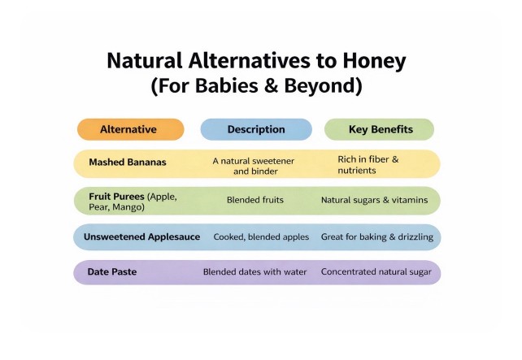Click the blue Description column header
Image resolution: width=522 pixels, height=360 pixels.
pyautogui.click(x=256, y=129)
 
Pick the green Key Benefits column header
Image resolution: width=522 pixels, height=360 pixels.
pyautogui.click(x=381, y=129)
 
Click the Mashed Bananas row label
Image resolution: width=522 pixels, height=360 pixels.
pyautogui.click(x=128, y=163)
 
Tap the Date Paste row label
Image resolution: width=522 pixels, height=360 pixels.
pyautogui.click(x=111, y=272)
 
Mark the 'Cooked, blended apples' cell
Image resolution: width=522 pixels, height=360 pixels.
pyautogui.click(x=261, y=237)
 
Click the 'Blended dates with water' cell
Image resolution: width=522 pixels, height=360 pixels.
pyautogui.click(x=255, y=272)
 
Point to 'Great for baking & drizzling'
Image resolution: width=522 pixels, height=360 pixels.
pyautogui.click(x=377, y=237)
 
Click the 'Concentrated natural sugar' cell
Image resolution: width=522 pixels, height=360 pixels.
pyautogui.click(x=376, y=272)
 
